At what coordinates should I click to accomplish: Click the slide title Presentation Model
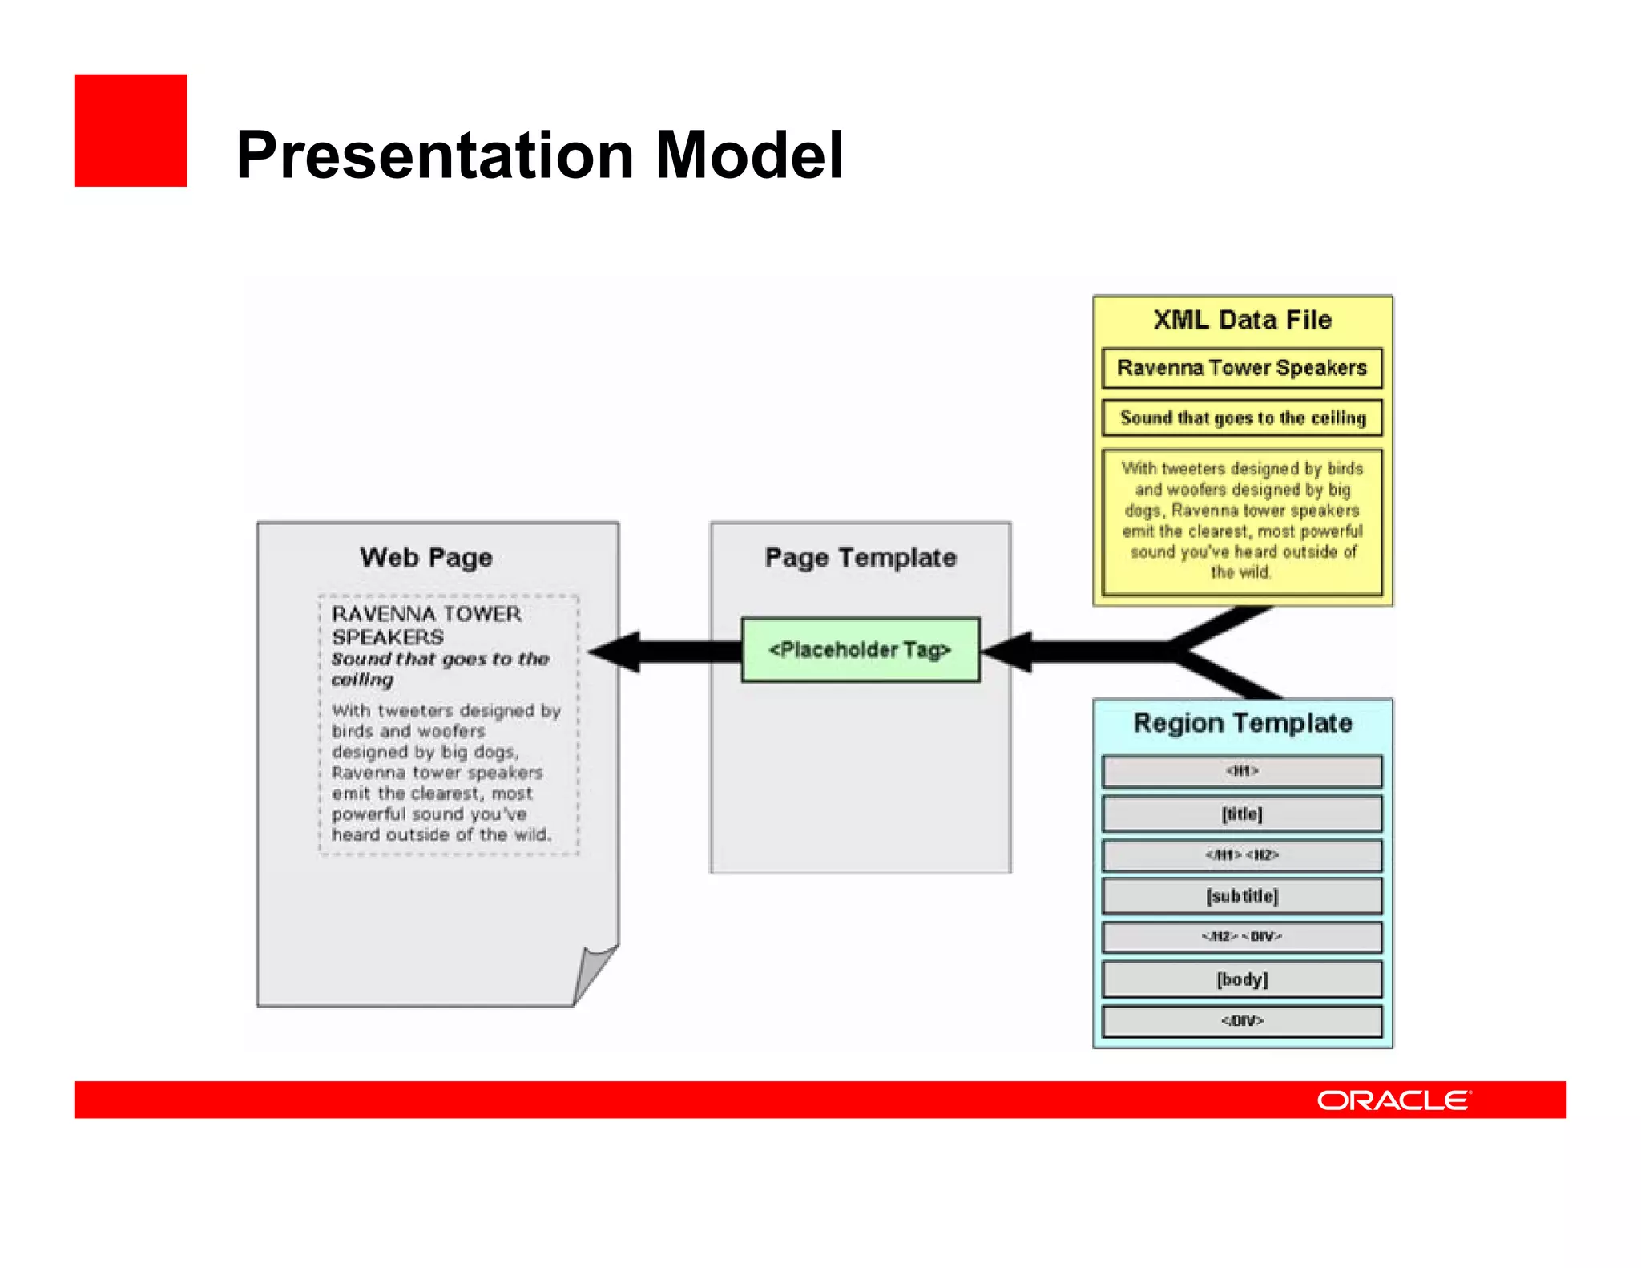539,155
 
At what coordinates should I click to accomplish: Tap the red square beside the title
131,131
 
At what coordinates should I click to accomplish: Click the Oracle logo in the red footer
1393,1100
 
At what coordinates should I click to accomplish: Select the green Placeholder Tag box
860,649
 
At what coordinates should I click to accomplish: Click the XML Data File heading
1242,320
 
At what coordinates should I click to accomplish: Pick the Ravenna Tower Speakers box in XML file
1242,368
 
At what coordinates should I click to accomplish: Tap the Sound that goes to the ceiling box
1242,418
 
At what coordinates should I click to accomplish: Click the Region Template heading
1242,723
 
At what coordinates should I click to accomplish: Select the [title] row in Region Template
1242,814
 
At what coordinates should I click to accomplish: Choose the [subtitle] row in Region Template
1242,895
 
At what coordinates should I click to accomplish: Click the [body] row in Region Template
1242,979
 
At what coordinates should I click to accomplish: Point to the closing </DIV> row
1242,1020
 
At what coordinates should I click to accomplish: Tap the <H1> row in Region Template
1242,771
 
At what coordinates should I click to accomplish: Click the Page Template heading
860,557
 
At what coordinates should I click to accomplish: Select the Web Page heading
425,557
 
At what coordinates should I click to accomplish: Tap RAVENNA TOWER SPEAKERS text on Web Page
425,625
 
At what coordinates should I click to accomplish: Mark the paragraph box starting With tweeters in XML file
1242,521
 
